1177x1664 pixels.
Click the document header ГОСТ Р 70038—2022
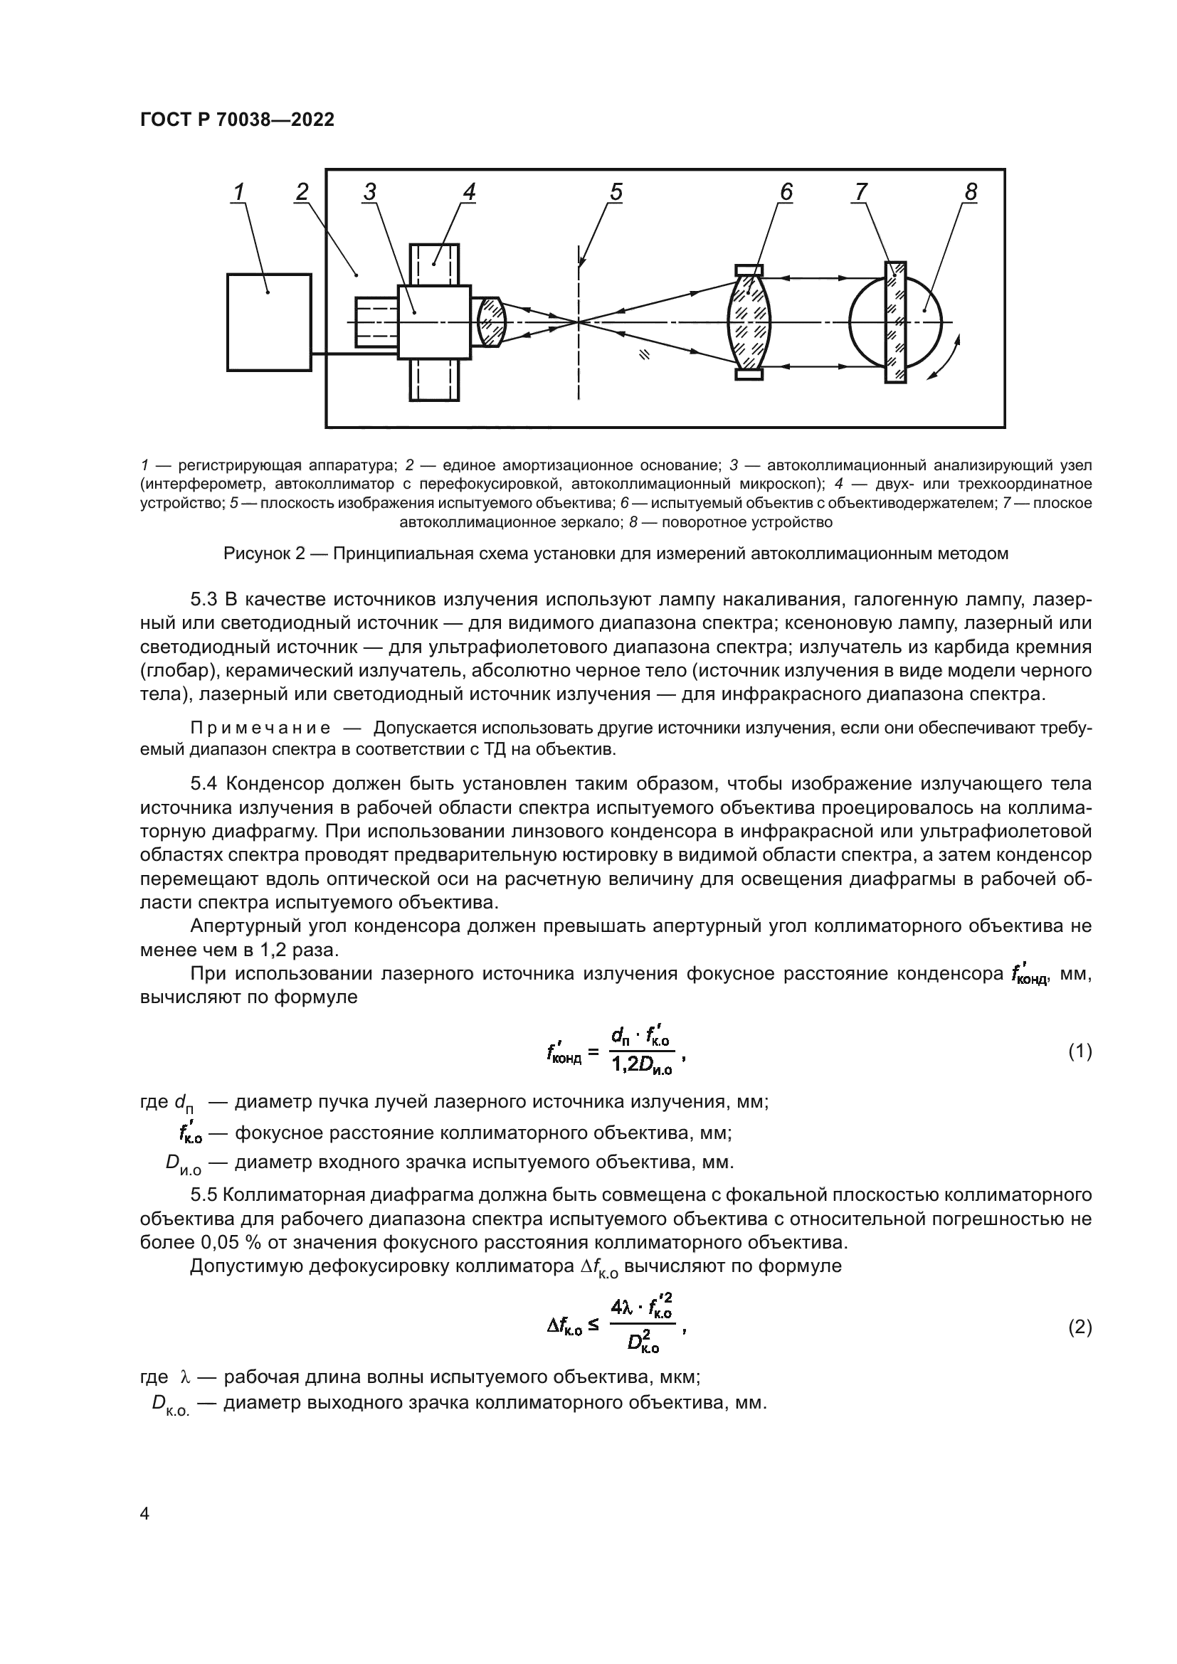(237, 120)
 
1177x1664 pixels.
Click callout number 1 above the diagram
(238, 191)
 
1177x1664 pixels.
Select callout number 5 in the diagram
(616, 191)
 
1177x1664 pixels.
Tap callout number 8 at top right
(971, 191)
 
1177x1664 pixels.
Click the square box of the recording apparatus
(269, 322)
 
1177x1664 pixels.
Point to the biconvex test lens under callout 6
(749, 321)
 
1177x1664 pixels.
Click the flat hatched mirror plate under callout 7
(895, 321)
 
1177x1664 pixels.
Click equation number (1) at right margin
(1080, 1051)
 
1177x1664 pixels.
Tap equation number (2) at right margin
(1080, 1328)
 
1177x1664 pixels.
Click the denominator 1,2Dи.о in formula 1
(641, 1066)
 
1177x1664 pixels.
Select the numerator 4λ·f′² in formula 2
(641, 1309)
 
